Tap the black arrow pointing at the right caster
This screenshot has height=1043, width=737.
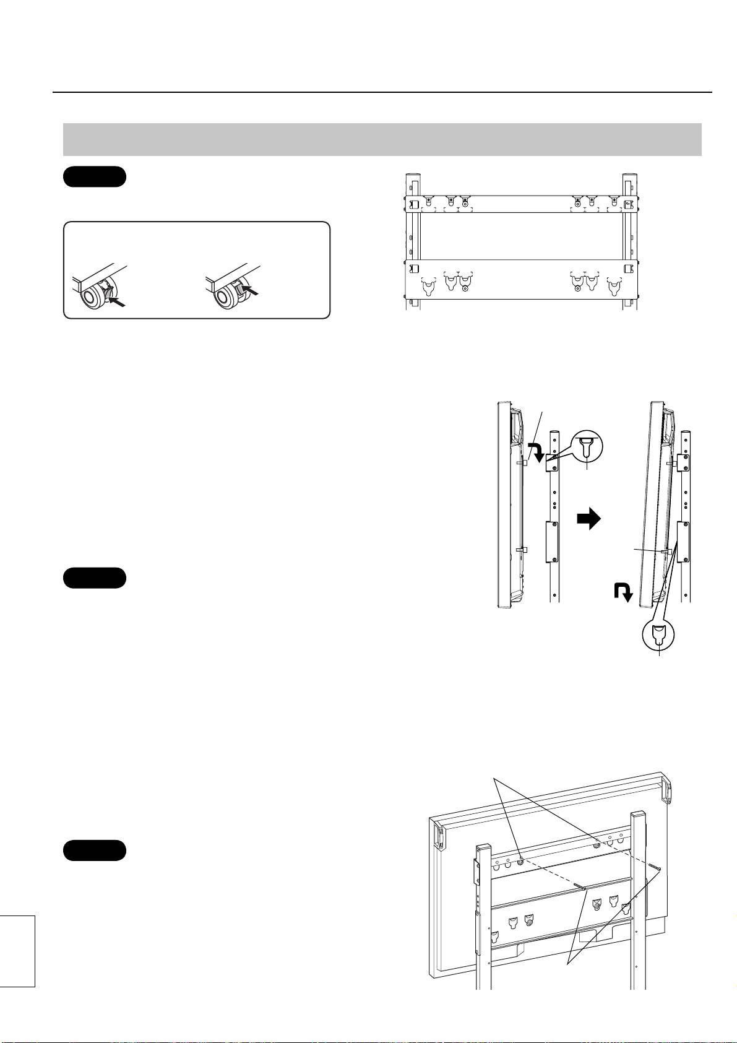[x=249, y=290]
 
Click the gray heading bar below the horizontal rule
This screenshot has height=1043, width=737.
[x=382, y=139]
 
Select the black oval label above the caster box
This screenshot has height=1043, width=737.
[x=95, y=176]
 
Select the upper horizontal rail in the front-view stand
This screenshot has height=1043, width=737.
[x=521, y=204]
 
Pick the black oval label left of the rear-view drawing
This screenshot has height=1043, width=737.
[x=95, y=850]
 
